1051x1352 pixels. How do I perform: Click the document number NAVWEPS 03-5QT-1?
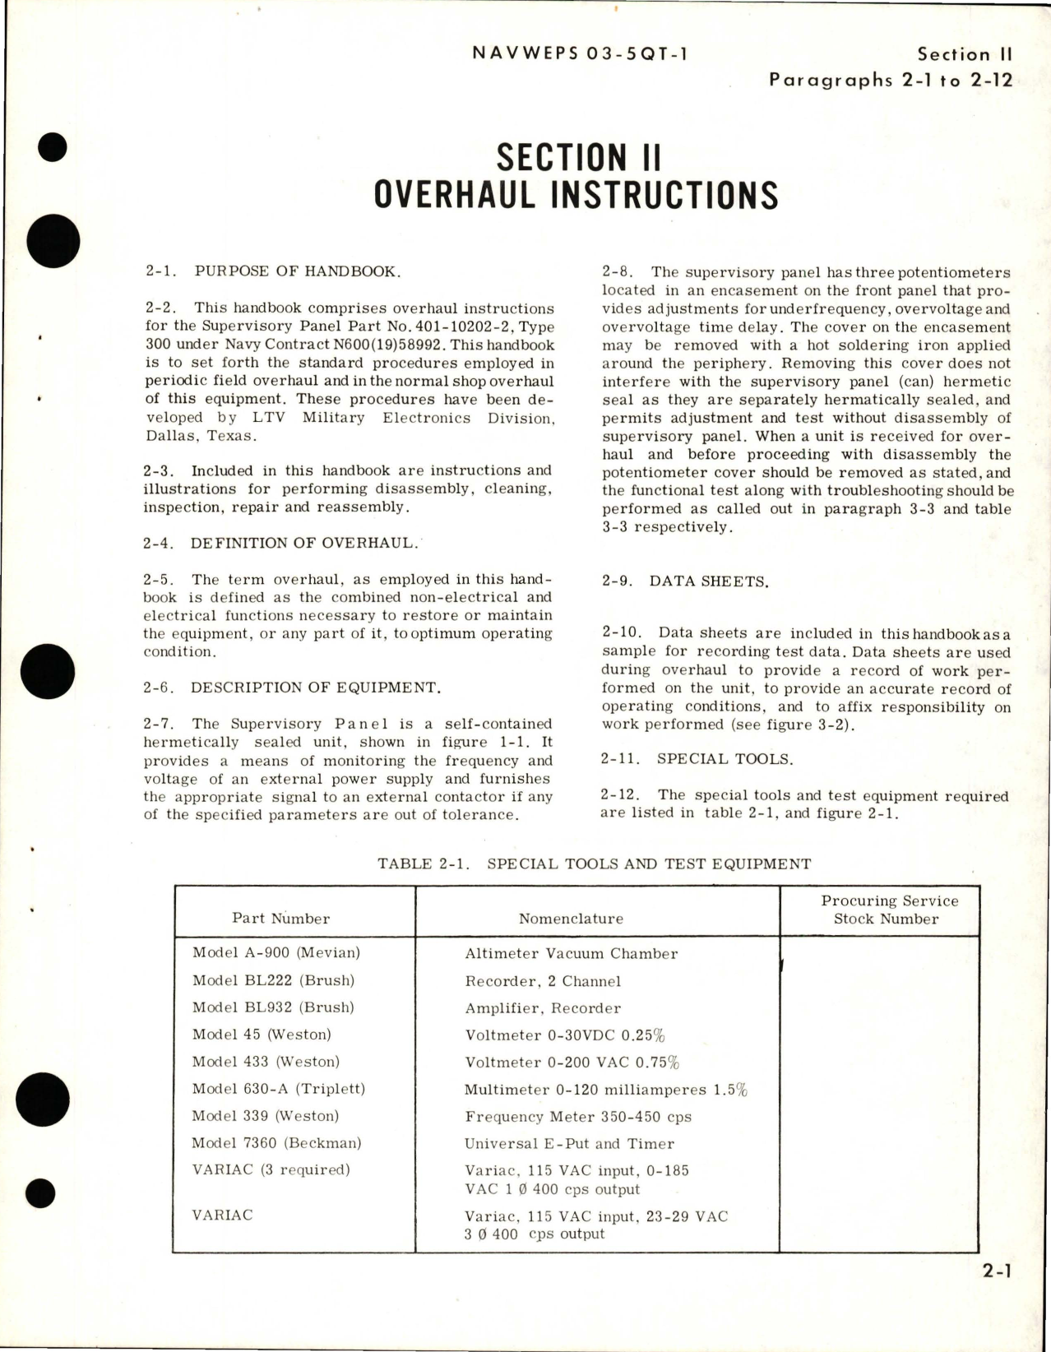pos(581,54)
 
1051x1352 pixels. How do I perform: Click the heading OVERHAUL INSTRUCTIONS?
pos(575,195)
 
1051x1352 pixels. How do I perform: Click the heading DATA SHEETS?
pos(709,581)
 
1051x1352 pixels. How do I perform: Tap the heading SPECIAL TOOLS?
pos(725,759)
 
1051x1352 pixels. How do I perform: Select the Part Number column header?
pos(280,919)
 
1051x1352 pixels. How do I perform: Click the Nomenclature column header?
pos(571,919)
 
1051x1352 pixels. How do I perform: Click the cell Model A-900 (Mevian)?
pos(276,952)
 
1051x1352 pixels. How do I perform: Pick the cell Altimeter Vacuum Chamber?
pos(571,954)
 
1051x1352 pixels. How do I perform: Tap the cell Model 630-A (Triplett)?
pos(278,1089)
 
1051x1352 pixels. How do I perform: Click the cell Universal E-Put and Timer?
pos(569,1144)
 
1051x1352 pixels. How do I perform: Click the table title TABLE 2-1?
pos(594,864)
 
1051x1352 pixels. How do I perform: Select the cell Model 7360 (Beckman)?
pos(276,1143)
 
